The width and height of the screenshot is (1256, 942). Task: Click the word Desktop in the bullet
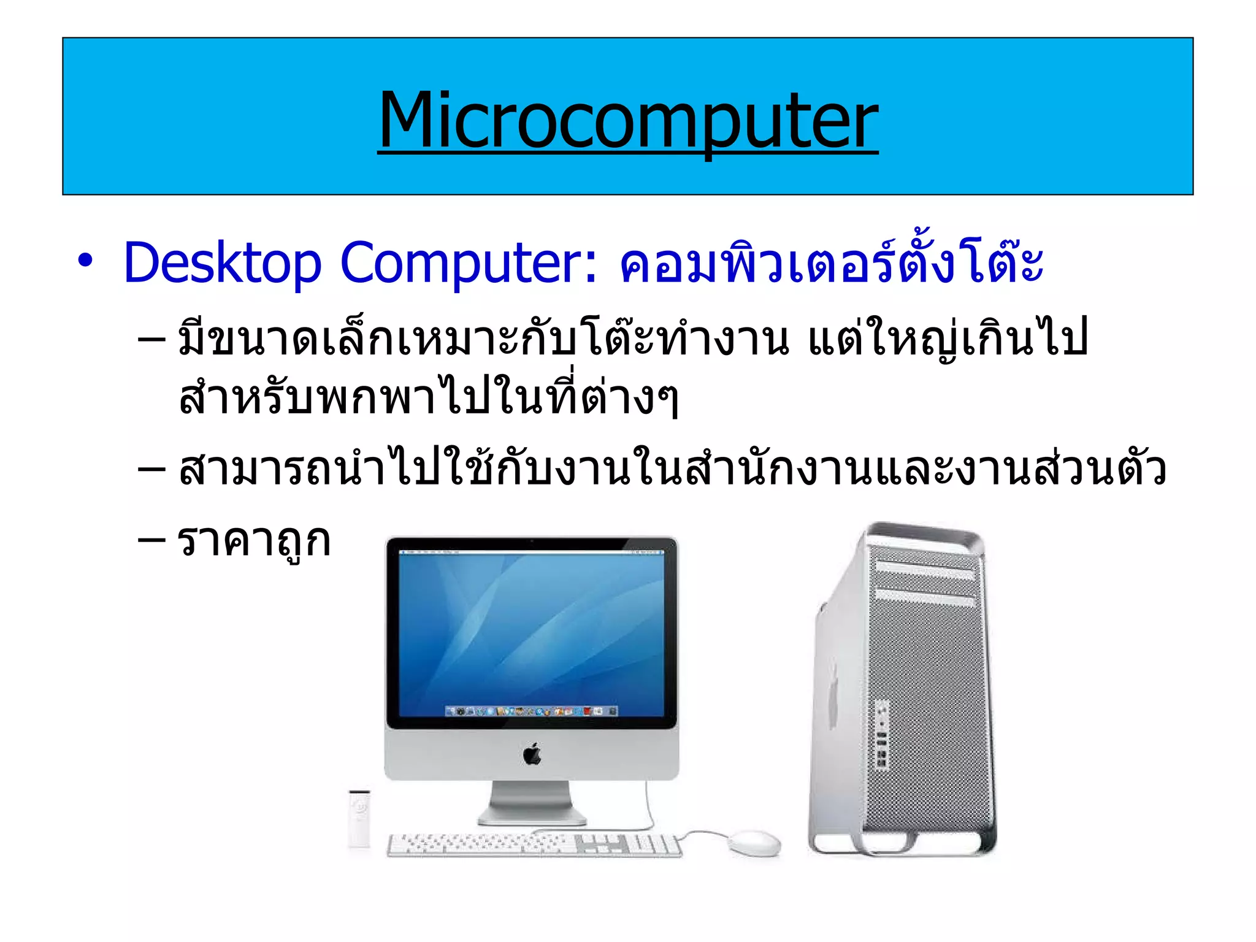[222, 264]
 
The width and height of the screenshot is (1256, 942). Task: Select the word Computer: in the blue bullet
[469, 264]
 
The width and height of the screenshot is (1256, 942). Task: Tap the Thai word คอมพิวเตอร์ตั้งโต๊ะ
[831, 264]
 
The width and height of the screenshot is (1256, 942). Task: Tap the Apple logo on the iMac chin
[532, 754]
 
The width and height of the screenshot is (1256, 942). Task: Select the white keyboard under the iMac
[534, 844]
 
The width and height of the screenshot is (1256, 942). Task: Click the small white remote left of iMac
[359, 819]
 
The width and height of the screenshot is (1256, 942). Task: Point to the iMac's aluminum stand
[532, 803]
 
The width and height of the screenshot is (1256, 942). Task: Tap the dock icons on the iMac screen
[531, 711]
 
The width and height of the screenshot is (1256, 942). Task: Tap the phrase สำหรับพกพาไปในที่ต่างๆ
[428, 399]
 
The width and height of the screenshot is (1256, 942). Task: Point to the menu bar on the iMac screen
[531, 553]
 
